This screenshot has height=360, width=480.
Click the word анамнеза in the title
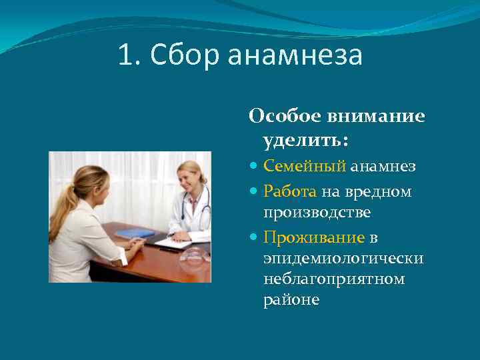tap(295, 57)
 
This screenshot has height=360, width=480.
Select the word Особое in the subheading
tap(284, 117)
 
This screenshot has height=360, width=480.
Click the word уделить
tap(305, 141)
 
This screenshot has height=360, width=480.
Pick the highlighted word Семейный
tap(304, 166)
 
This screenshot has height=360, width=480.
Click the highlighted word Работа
tap(290, 192)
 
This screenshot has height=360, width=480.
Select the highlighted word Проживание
tap(314, 237)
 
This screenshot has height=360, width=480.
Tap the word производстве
tap(317, 212)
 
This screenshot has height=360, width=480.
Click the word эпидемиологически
tap(343, 258)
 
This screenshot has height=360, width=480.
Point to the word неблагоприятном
tap(333, 279)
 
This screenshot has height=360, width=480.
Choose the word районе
tap(291, 299)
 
